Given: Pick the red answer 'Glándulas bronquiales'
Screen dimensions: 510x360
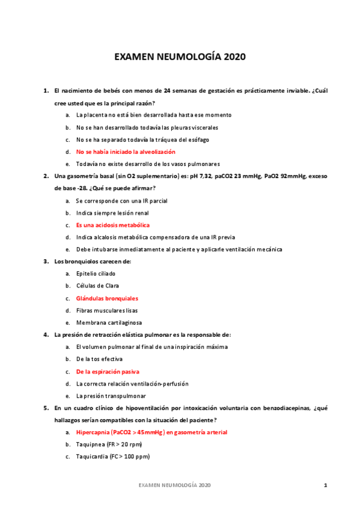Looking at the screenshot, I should (x=107, y=298).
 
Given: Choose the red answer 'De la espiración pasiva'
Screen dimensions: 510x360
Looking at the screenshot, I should (x=108, y=372).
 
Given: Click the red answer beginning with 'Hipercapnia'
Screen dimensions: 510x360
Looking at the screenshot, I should (x=151, y=432).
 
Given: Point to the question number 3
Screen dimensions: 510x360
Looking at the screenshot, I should (x=46, y=262).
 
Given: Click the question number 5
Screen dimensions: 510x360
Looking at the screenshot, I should (x=46, y=408).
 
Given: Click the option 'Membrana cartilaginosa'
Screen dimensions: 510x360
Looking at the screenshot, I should (x=109, y=322).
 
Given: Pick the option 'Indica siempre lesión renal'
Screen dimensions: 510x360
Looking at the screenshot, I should (x=112, y=213).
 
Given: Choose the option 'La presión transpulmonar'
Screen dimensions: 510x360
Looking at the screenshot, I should (x=111, y=396).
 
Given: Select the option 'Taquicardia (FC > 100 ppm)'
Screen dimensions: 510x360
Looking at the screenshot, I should (x=113, y=456).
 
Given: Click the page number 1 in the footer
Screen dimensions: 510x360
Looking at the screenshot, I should (x=325, y=485).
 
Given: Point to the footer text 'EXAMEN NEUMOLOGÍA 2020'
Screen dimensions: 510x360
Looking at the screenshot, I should (x=174, y=485).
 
